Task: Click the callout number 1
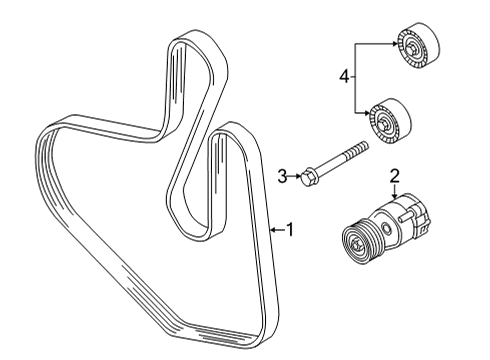click(x=290, y=230)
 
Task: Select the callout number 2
click(x=395, y=176)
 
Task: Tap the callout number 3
click(x=282, y=176)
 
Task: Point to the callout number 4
click(x=344, y=77)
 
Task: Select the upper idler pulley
click(x=418, y=46)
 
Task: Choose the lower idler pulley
click(x=390, y=121)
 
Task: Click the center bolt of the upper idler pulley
click(x=410, y=49)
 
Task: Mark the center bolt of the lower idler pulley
click(x=382, y=125)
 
